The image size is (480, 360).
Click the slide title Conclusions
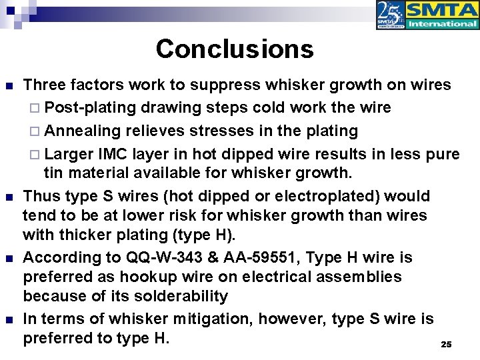pyautogui.click(x=235, y=49)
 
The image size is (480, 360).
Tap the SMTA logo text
pyautogui.click(x=441, y=10)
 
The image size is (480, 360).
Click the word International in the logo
pyautogui.click(x=442, y=23)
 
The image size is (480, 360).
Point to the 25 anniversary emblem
pyautogui.click(x=390, y=15)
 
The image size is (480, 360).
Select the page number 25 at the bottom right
pyautogui.click(x=447, y=344)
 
